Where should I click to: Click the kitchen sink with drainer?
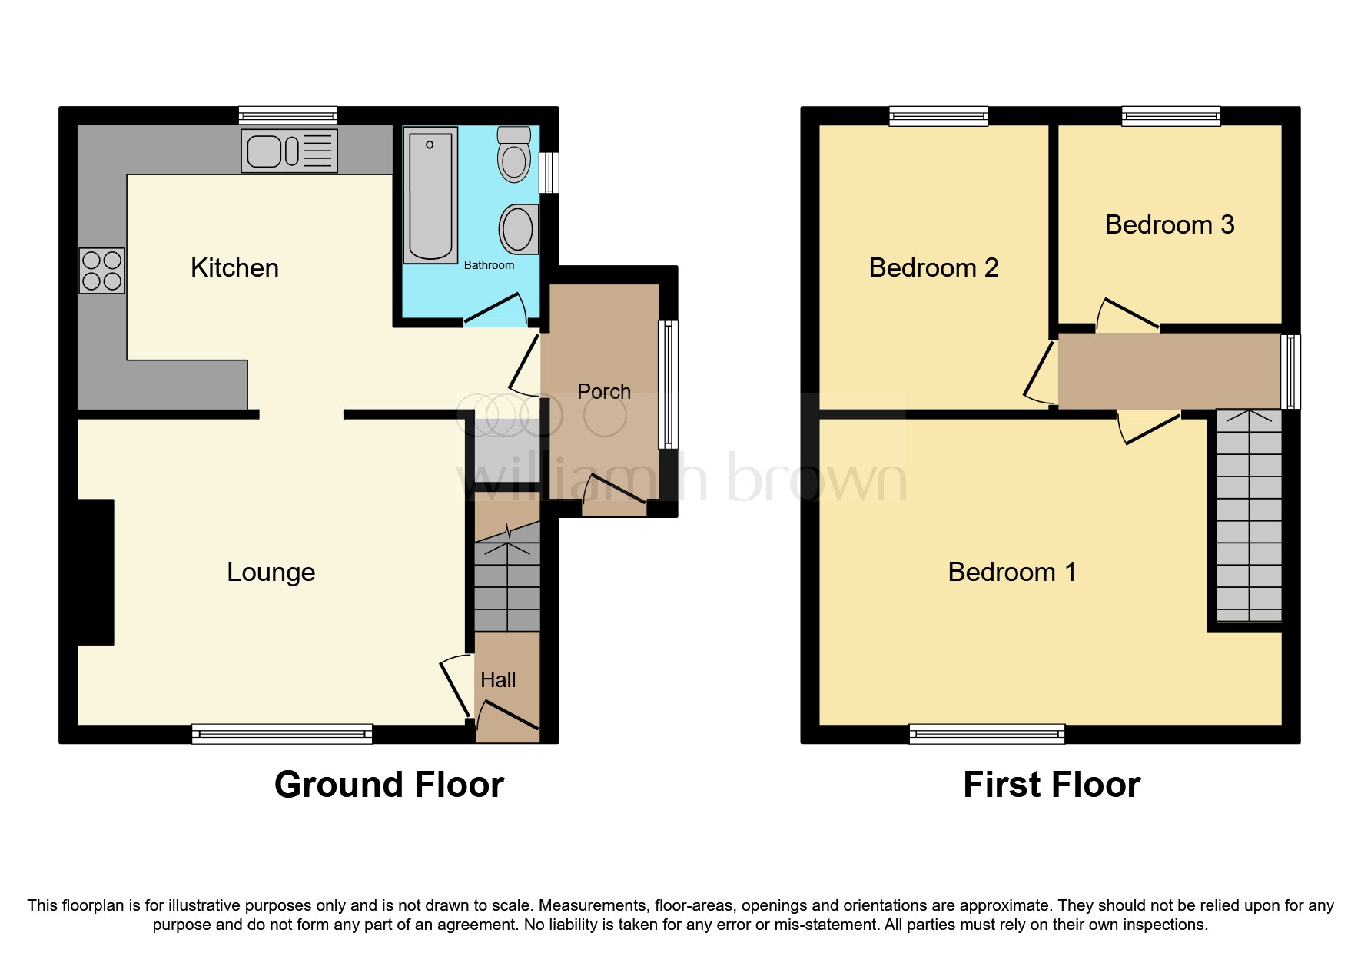click(x=289, y=151)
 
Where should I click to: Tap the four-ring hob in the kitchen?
click(x=102, y=271)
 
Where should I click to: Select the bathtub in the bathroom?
click(x=430, y=195)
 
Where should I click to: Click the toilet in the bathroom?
click(x=514, y=155)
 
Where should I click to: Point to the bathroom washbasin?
click(x=518, y=229)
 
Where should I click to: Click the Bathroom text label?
click(x=489, y=265)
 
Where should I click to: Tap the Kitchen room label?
click(x=234, y=267)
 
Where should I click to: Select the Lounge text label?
click(x=271, y=572)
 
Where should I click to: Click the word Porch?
click(x=603, y=391)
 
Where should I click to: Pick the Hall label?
click(x=498, y=679)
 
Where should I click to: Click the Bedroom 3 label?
click(x=1169, y=224)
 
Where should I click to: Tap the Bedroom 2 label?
click(x=933, y=267)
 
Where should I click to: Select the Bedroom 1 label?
click(x=1011, y=572)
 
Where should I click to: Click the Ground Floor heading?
click(x=389, y=785)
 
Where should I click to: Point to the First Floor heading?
click(x=1051, y=785)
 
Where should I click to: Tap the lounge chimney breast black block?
click(x=95, y=572)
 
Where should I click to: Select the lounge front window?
click(x=282, y=734)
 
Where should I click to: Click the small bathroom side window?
click(x=549, y=173)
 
